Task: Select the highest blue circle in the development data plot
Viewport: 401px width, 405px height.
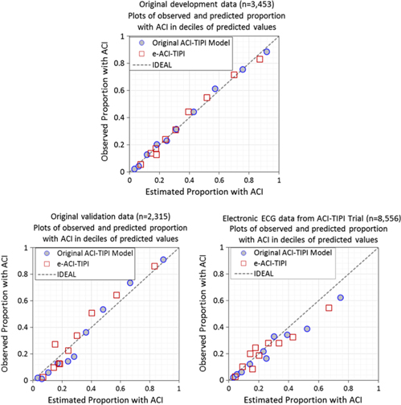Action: coord(267,52)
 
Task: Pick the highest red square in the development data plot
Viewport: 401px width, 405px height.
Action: coord(260,60)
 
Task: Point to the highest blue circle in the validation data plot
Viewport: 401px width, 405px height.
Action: coord(163,259)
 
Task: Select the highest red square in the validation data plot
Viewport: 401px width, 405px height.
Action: coord(155,266)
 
